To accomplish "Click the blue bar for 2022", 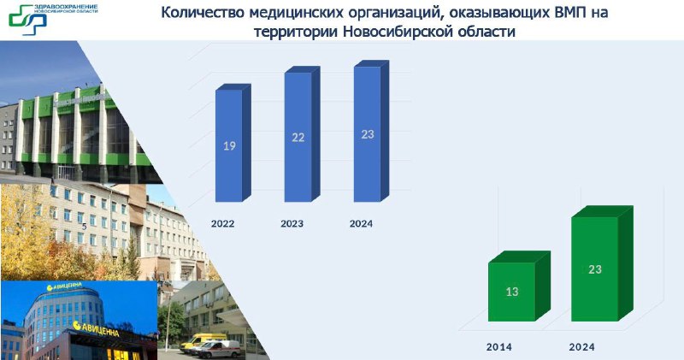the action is [233, 143].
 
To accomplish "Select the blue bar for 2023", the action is [303, 134].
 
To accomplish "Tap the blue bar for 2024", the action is [371, 132].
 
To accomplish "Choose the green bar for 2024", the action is [602, 264].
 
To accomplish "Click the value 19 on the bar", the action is [229, 145].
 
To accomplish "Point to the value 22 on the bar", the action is [298, 138].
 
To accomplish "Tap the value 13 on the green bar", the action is [512, 292].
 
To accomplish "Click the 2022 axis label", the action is [223, 224].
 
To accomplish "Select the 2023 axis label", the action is [292, 224].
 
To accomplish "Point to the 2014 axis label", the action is [499, 347].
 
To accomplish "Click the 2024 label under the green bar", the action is [582, 347].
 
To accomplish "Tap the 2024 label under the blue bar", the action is [361, 224].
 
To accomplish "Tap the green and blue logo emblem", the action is [28, 20].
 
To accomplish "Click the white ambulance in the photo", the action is [218, 349].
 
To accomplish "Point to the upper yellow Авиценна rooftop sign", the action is [64, 286].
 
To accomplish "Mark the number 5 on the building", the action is [84, 227].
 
